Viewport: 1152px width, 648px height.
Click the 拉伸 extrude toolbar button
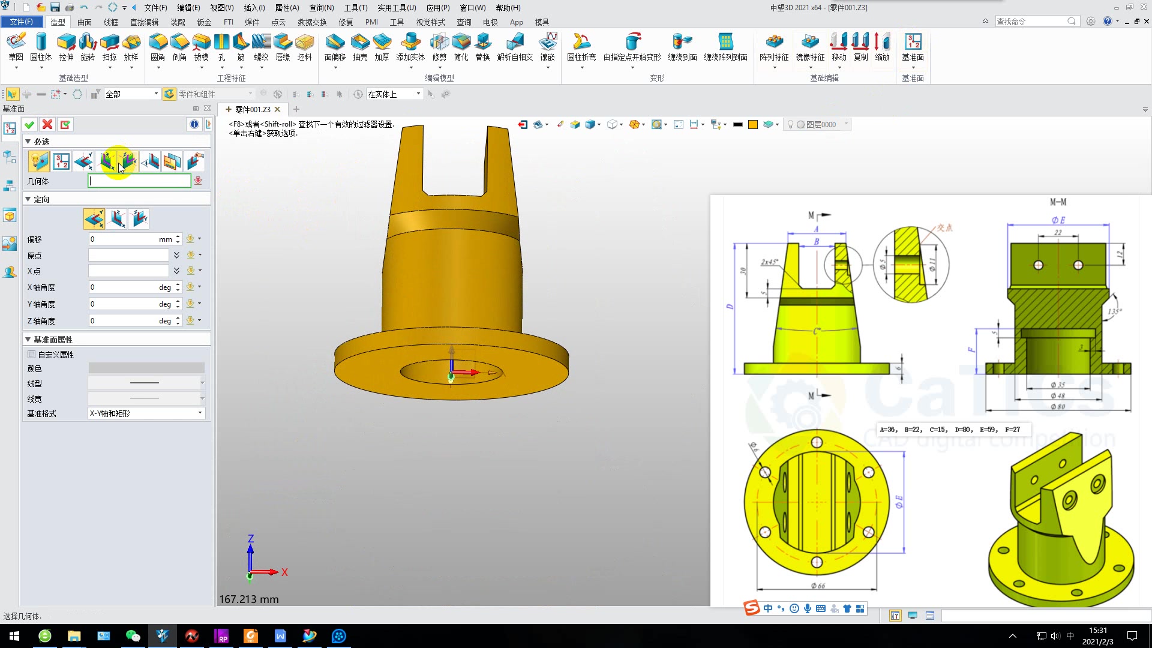[66, 47]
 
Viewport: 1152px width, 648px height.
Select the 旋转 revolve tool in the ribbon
[88, 47]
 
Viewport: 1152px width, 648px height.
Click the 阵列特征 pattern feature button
[774, 47]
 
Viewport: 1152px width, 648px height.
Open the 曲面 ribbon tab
[85, 22]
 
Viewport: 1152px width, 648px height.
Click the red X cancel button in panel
[47, 124]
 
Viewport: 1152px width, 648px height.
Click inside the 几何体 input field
[139, 181]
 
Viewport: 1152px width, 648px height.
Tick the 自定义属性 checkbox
[32, 355]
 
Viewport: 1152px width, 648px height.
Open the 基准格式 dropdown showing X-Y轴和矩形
[146, 413]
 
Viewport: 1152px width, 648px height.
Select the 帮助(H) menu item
[508, 8]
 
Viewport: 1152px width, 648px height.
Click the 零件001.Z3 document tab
[253, 109]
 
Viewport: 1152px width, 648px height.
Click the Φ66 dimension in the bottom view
[818, 586]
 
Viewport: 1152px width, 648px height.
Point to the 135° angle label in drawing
[1114, 311]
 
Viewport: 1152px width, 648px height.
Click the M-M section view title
[1058, 202]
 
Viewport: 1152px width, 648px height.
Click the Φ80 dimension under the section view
[1057, 406]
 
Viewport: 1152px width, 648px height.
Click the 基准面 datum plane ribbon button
[913, 47]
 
